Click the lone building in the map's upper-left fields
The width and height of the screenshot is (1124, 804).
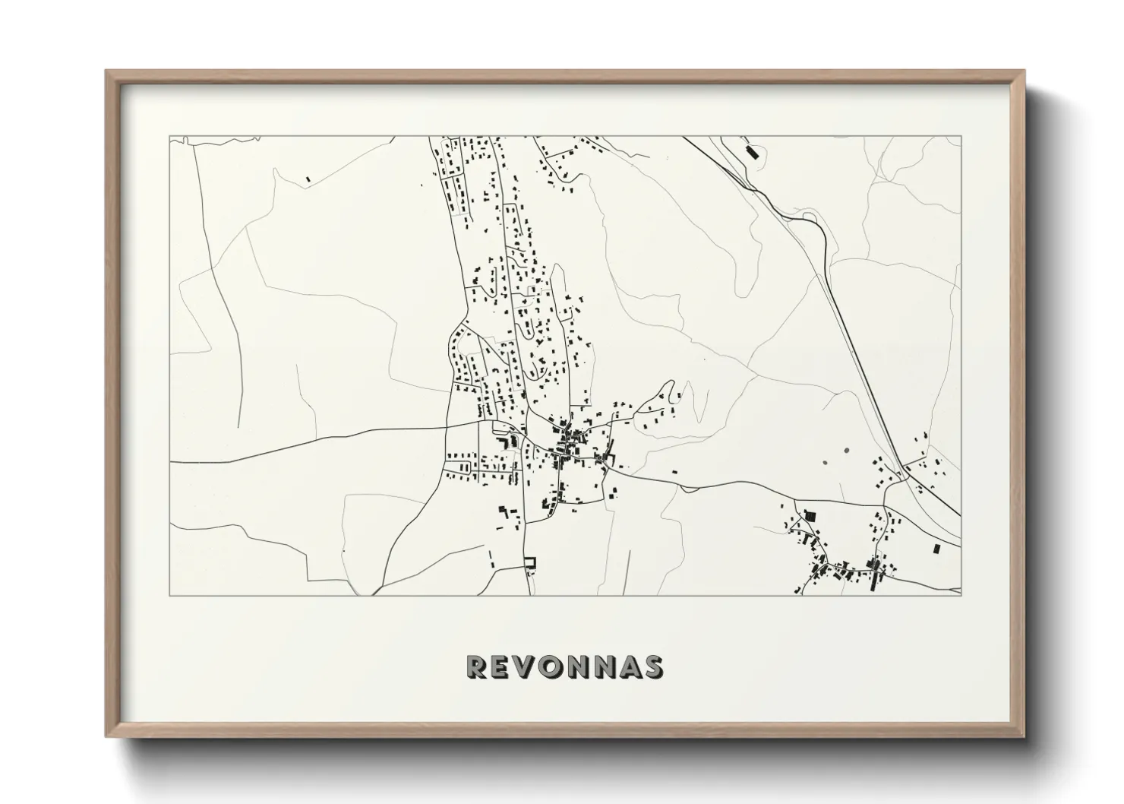tap(308, 179)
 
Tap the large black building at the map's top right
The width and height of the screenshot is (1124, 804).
tap(753, 151)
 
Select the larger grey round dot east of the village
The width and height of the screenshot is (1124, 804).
tap(845, 450)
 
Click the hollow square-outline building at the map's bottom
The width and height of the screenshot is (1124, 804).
tap(530, 563)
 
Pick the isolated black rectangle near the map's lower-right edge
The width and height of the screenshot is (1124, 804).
tap(935, 548)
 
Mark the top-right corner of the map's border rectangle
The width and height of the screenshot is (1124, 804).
tap(961, 137)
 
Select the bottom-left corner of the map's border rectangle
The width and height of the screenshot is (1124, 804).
tap(170, 595)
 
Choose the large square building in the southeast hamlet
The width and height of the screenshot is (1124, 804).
tap(810, 517)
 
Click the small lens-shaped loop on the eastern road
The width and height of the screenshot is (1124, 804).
tap(810, 221)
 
